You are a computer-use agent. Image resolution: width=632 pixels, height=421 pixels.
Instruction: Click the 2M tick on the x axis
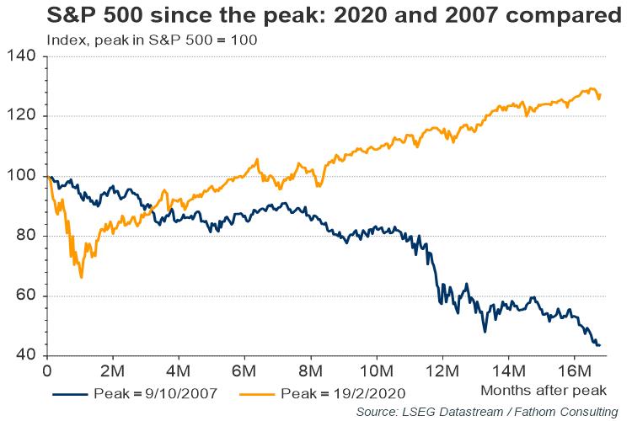(113, 370)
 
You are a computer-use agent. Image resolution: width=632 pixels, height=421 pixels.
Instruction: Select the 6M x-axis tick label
(244, 370)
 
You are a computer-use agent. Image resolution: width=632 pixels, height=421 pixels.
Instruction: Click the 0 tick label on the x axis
(47, 370)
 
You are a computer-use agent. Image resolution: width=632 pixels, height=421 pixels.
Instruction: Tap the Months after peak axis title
(544, 390)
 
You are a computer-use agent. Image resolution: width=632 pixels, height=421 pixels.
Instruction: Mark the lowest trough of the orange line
(81, 277)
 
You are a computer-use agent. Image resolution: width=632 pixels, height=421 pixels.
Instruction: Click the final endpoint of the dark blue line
(599, 345)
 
